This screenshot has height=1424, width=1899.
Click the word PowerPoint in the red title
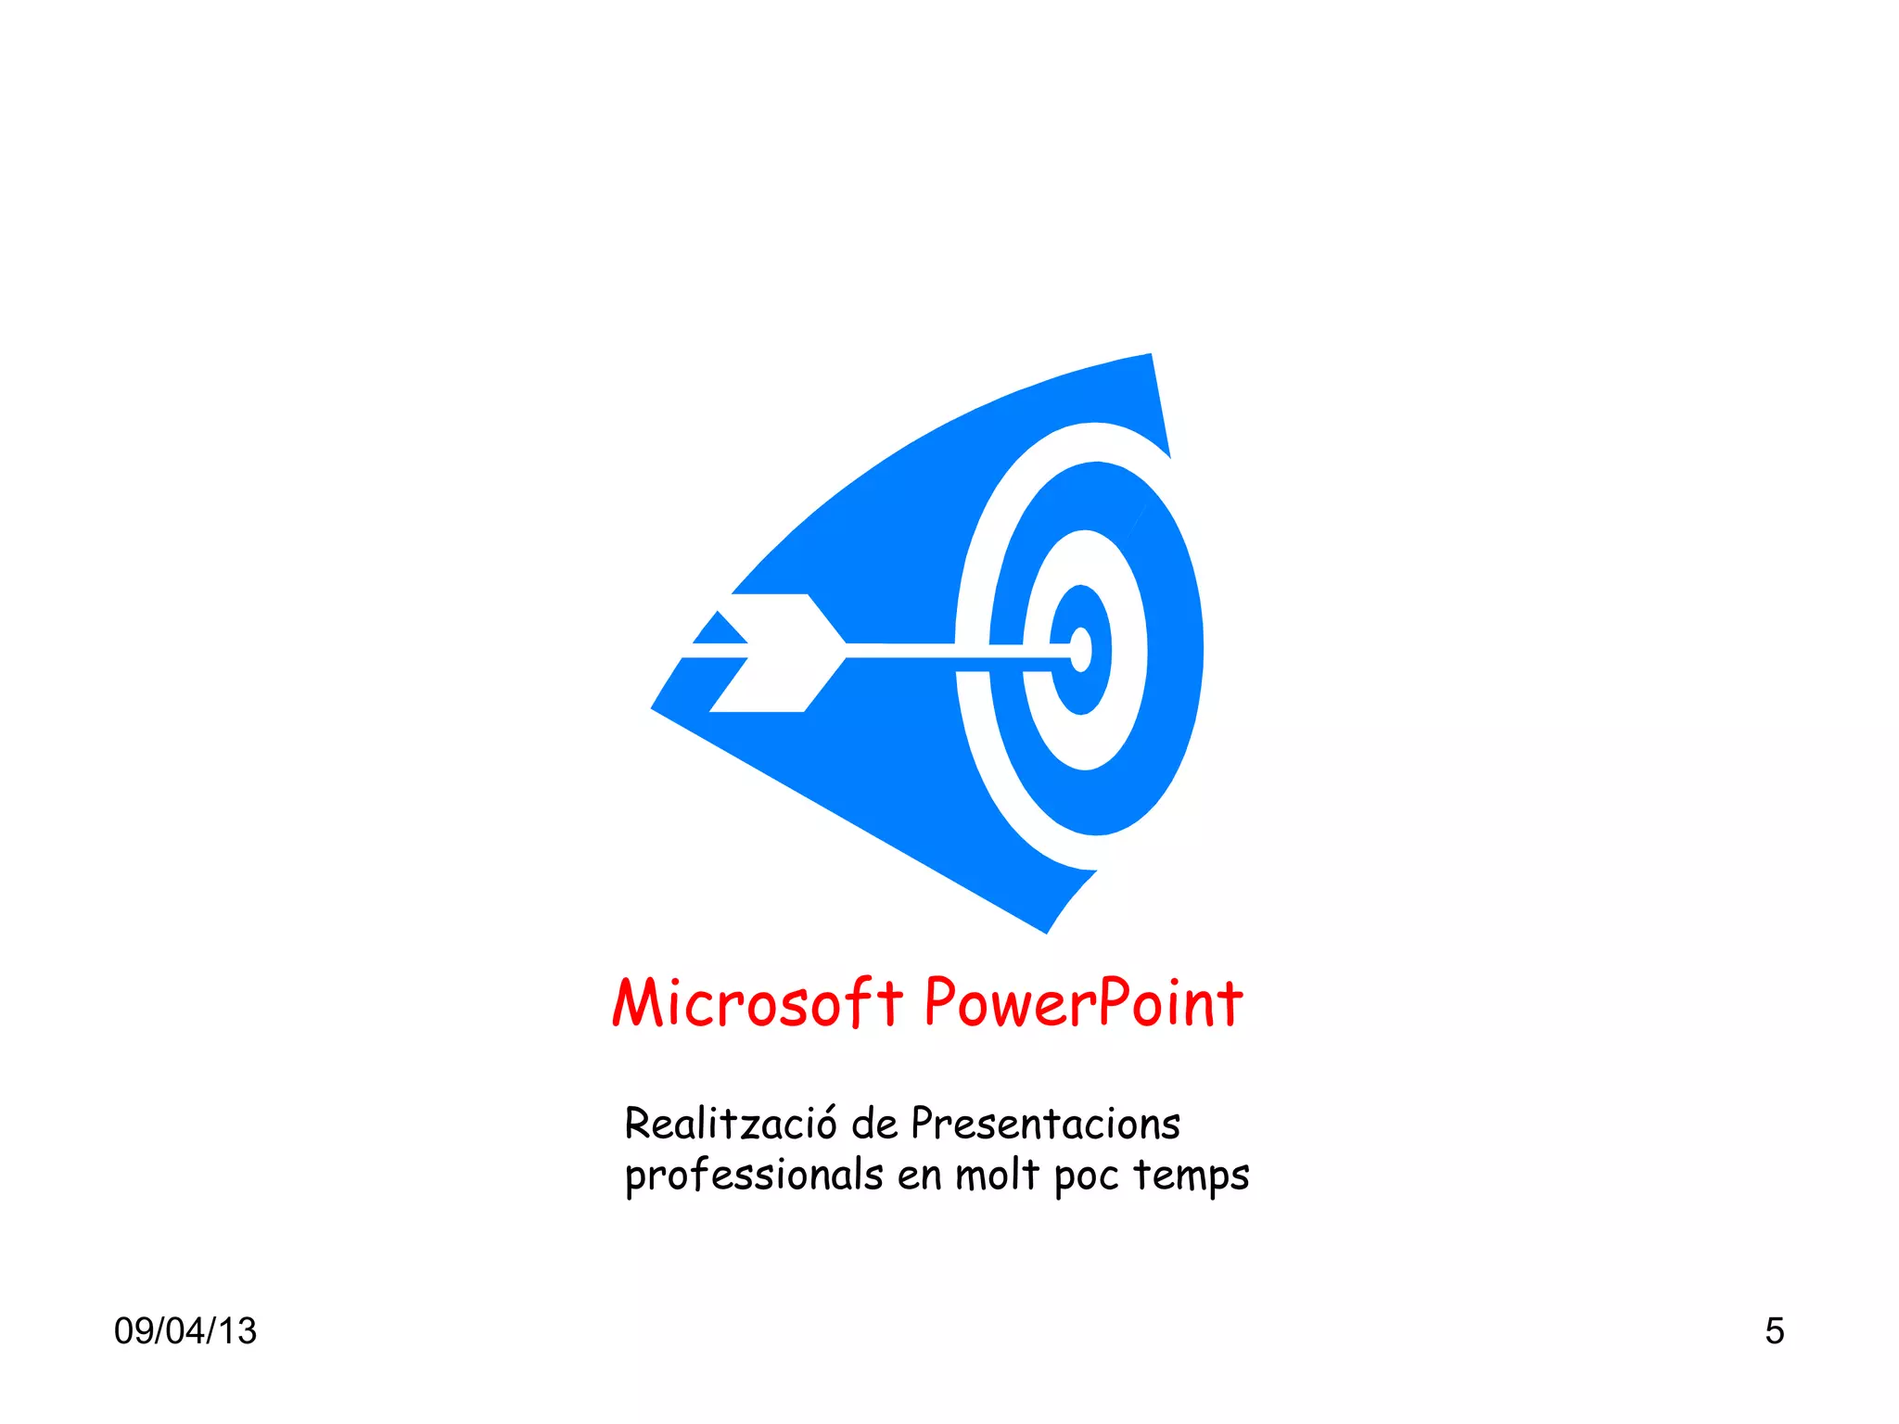pos(1083,1004)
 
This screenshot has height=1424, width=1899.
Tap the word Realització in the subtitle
pos(730,1124)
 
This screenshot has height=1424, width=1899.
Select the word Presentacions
pos(1045,1124)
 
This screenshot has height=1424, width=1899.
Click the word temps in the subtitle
pos(1191,1176)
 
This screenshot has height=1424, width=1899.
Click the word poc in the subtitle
pos(1085,1176)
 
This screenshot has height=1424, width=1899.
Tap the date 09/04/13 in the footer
pos(185,1330)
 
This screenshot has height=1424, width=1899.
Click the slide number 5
pos(1774,1330)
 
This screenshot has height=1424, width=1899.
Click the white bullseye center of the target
pos(1081,649)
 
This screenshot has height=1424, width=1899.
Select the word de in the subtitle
pos(873,1124)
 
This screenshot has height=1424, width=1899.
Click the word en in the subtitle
pos(919,1176)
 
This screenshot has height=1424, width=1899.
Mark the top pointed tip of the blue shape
pos(1150,356)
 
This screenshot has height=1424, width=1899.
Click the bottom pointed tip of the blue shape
pos(1046,931)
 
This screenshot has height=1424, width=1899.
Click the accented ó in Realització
pos(823,1124)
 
